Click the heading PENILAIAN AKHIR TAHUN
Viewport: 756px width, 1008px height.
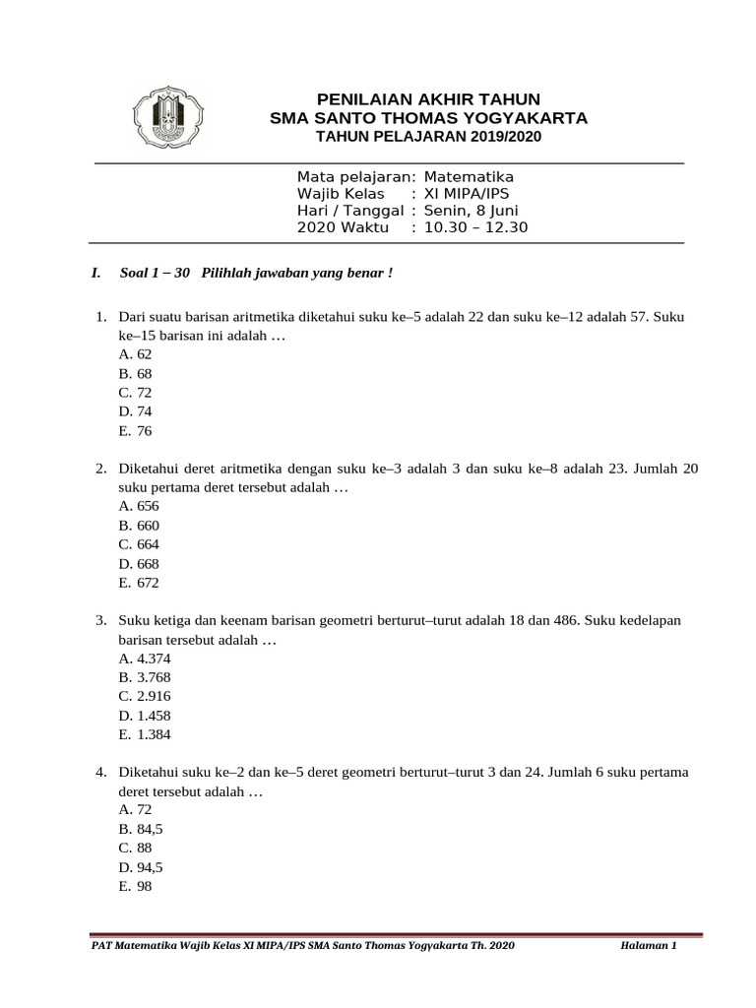click(428, 98)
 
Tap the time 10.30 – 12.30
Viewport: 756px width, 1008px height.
click(476, 227)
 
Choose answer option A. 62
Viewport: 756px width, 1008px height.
click(135, 354)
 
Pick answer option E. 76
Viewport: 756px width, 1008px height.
click(135, 430)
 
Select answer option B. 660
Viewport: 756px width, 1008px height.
click(138, 526)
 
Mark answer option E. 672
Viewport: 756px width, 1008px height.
click(138, 583)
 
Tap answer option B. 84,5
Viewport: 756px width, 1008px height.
click(140, 829)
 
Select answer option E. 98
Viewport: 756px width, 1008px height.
click(135, 886)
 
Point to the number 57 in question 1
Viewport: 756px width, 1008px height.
click(630, 317)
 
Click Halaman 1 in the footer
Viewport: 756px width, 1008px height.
click(649, 946)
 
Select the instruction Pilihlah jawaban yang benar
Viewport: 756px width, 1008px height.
click(296, 273)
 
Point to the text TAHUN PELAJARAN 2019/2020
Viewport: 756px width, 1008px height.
click(428, 136)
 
